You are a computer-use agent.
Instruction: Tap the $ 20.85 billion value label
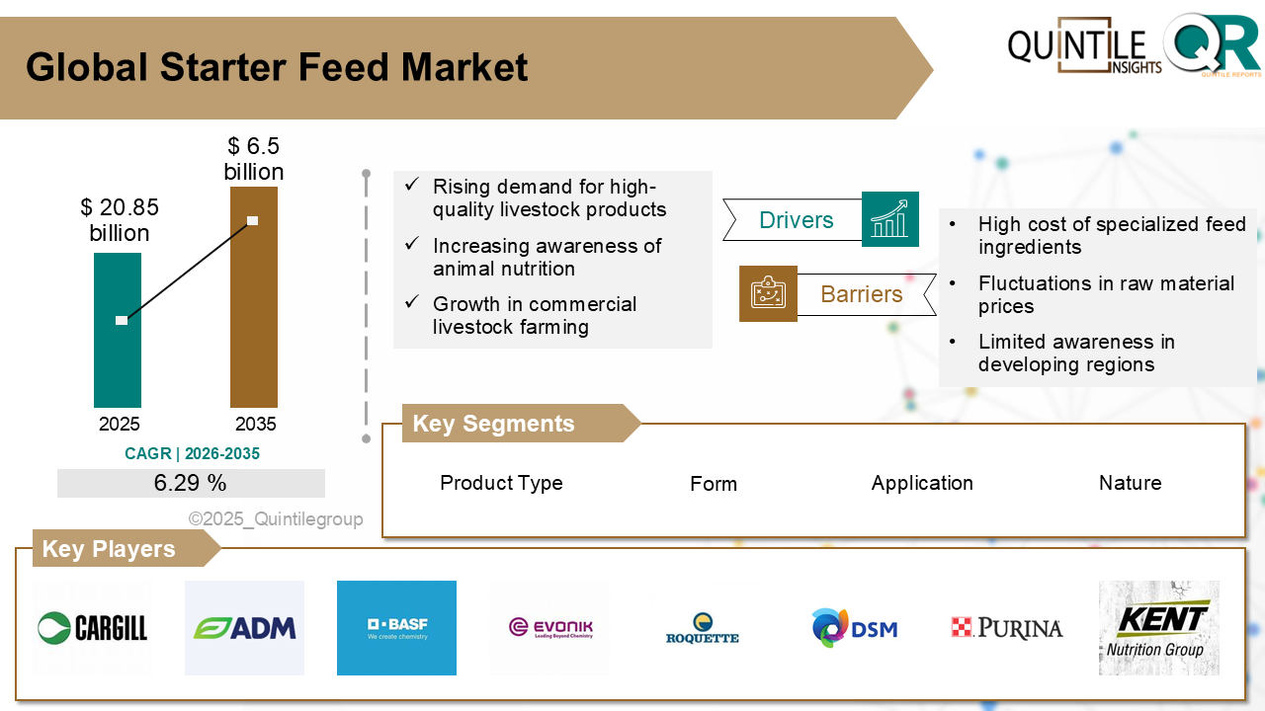[120, 220]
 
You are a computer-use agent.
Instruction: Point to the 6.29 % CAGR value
[191, 483]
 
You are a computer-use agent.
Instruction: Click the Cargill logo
[92, 627]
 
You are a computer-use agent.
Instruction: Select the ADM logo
[244, 628]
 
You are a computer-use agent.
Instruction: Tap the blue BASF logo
[396, 628]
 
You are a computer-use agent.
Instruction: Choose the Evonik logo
[550, 628]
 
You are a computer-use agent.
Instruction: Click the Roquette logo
[703, 628]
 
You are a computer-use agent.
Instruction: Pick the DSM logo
[854, 628]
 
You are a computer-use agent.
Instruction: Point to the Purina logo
[1006, 628]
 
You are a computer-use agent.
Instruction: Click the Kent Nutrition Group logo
[1158, 628]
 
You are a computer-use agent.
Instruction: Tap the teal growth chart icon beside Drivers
[889, 219]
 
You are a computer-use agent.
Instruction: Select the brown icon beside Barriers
[768, 293]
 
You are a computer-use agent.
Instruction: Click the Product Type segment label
[501, 483]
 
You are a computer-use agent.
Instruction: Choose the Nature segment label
[1130, 483]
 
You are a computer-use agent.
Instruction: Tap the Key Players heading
[109, 549]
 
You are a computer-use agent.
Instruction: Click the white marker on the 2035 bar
[253, 220]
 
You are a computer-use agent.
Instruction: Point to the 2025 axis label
[120, 425]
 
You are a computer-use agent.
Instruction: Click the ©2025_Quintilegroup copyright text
[276, 519]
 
